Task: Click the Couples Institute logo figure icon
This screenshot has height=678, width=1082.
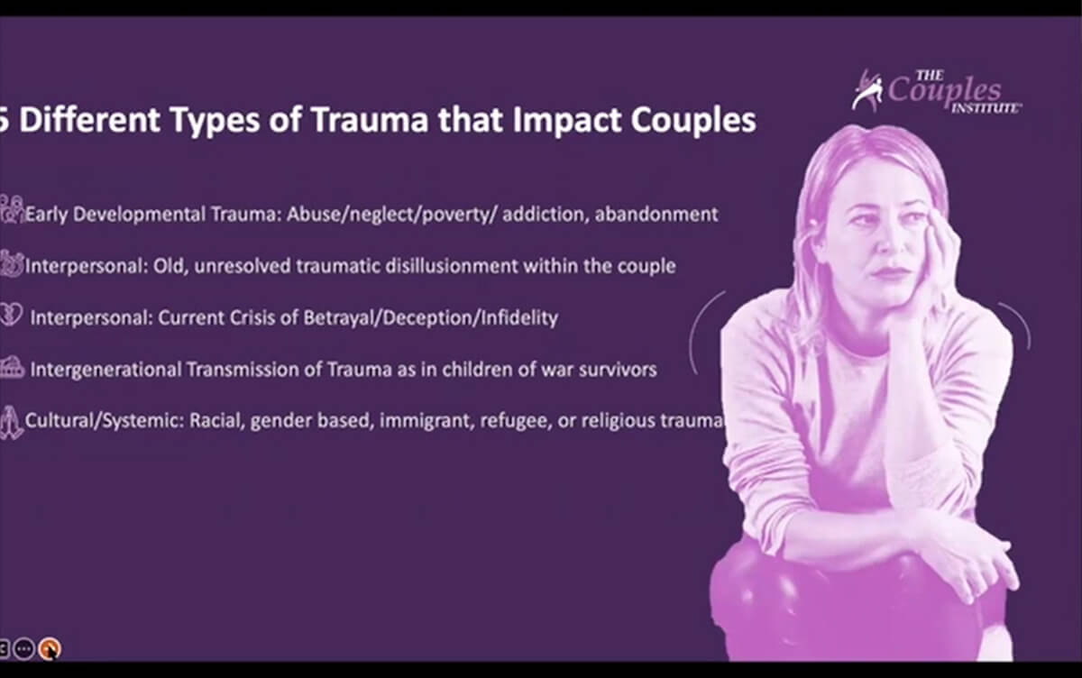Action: tap(867, 90)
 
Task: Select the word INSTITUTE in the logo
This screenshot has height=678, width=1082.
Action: tap(986, 107)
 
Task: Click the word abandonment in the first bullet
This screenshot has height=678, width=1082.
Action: tap(656, 214)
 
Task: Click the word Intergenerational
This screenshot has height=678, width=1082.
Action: tap(105, 370)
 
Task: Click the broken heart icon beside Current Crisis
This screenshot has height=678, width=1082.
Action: tap(11, 315)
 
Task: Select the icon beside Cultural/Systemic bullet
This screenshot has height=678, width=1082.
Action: tap(11, 423)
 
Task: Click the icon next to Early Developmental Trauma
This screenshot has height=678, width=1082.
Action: tap(12, 209)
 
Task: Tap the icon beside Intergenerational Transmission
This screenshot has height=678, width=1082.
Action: tap(12, 368)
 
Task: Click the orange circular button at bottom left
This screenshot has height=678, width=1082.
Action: tap(50, 648)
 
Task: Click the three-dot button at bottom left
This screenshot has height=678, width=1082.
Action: tap(23, 648)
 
